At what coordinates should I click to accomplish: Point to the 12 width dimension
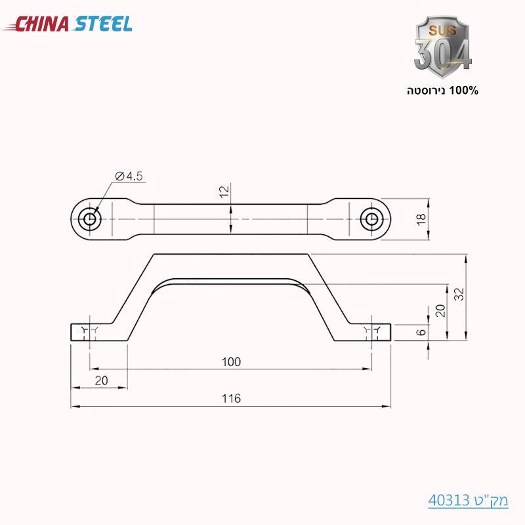click(x=224, y=191)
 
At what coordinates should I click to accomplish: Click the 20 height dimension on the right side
click(x=440, y=310)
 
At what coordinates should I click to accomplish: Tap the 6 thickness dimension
click(x=421, y=332)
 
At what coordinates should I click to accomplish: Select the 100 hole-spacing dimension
click(x=231, y=362)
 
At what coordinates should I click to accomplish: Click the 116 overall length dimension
click(x=231, y=398)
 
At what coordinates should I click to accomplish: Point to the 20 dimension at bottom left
click(x=100, y=380)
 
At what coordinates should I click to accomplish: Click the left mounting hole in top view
click(x=88, y=218)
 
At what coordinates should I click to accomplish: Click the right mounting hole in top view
click(x=373, y=218)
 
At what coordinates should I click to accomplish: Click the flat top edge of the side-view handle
click(x=231, y=253)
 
